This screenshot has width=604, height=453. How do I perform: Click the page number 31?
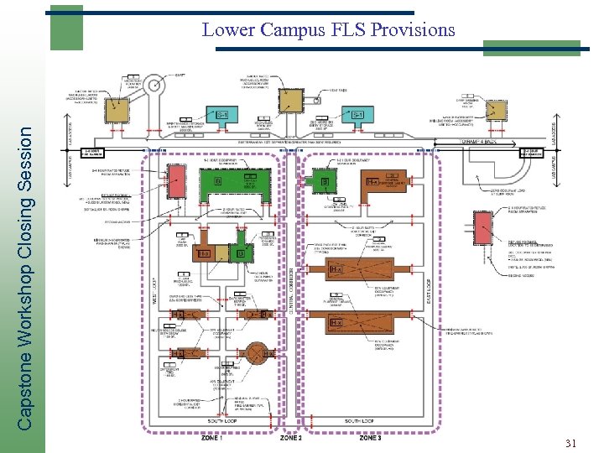point(572,443)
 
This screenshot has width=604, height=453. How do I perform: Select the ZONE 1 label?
point(211,438)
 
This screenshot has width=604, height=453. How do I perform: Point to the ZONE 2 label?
point(291,438)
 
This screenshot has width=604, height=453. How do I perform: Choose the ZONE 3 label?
point(370,438)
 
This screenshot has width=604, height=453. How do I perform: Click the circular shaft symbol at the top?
point(155,85)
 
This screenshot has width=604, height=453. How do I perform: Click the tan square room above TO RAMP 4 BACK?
point(498,109)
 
